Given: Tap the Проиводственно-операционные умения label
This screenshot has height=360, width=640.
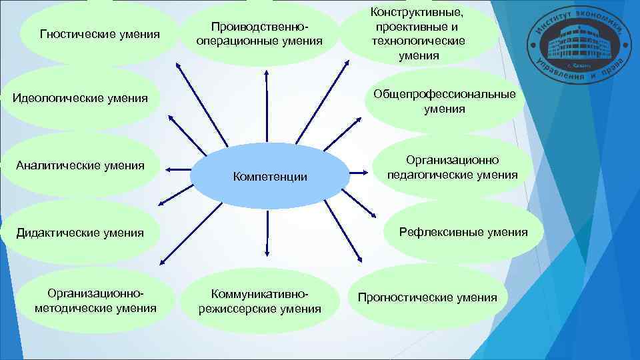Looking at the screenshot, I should (259, 33).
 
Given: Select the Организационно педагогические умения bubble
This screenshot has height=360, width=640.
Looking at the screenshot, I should (453, 168).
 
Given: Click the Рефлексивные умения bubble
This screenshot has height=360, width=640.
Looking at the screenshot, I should (463, 232).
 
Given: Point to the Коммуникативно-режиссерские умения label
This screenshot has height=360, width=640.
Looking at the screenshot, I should (259, 302).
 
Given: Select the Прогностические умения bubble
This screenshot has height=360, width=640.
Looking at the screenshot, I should (427, 297).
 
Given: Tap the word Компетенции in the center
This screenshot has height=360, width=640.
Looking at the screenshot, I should (269, 177).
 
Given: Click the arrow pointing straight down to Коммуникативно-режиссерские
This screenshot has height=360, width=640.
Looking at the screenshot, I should (267, 233).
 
